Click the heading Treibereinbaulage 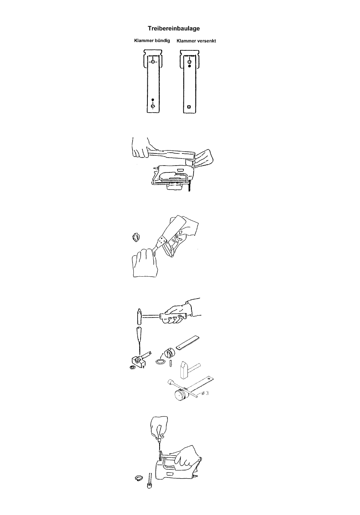[174, 28]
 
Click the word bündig [162, 41]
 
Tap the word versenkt [207, 41]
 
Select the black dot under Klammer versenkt [189, 66]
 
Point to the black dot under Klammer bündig [153, 100]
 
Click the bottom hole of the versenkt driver [189, 107]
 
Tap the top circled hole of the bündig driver [153, 62]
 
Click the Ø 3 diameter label [205, 393]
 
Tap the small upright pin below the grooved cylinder [171, 363]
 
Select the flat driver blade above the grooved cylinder [187, 342]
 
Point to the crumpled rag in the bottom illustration [139, 478]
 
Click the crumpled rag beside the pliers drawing [136, 237]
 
